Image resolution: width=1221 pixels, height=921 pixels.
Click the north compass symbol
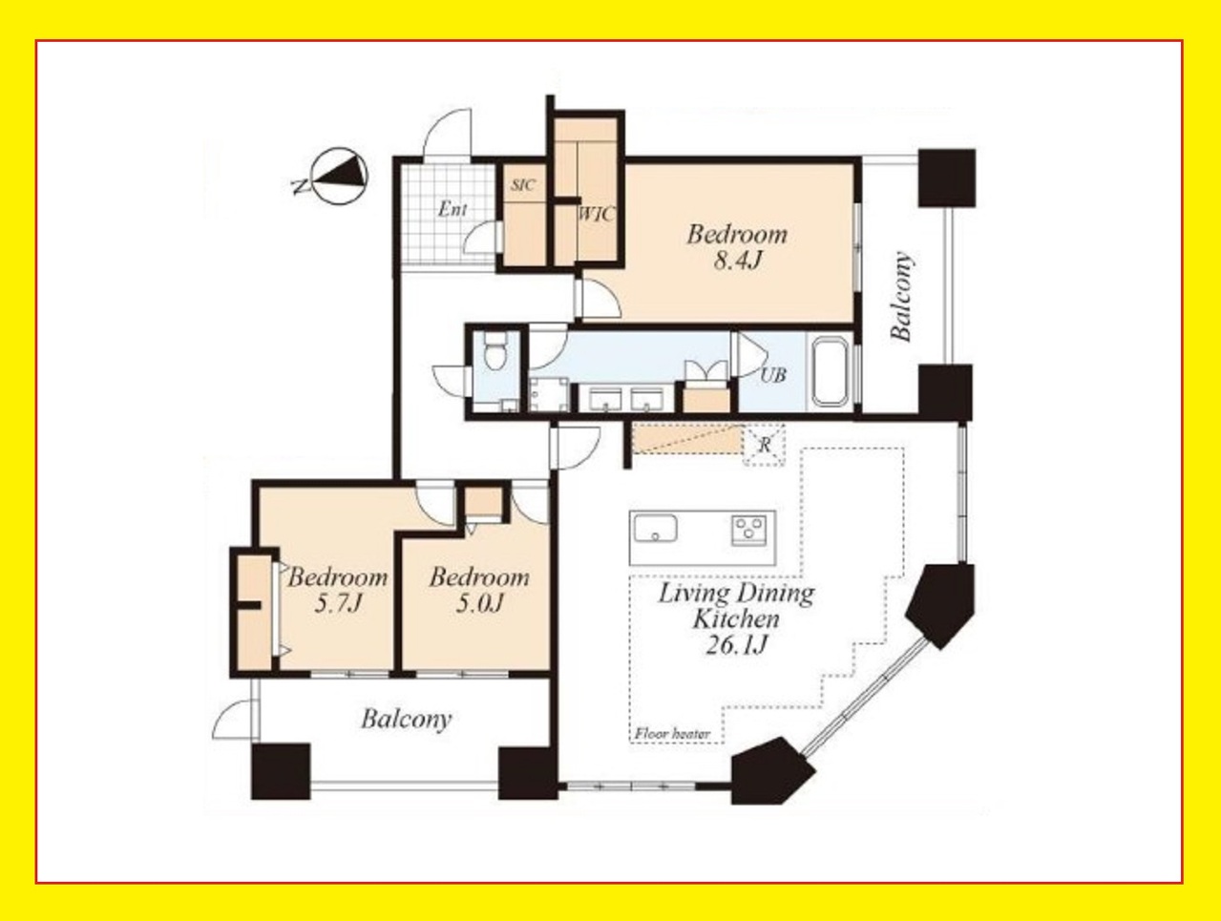pyautogui.click(x=339, y=177)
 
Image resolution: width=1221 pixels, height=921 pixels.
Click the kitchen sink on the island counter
pyautogui.click(x=655, y=527)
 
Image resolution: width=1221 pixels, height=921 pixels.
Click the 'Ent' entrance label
pyautogui.click(x=453, y=210)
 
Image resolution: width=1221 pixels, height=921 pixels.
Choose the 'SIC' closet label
pyautogui.click(x=523, y=184)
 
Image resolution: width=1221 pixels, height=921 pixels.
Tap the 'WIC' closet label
pyautogui.click(x=597, y=214)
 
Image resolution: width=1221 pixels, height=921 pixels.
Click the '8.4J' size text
pyautogui.click(x=736, y=261)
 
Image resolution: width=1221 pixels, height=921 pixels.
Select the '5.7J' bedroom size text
pyautogui.click(x=338, y=604)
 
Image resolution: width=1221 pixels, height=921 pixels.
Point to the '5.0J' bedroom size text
pyautogui.click(x=479, y=604)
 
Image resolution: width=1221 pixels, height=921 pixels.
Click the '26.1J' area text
pyautogui.click(x=736, y=645)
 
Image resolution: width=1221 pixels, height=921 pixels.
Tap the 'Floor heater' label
pyautogui.click(x=672, y=734)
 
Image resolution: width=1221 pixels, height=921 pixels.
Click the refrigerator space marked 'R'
pyautogui.click(x=765, y=445)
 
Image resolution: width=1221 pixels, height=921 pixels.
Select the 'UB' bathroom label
pyautogui.click(x=773, y=376)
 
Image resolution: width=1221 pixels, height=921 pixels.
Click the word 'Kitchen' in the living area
pyautogui.click(x=735, y=619)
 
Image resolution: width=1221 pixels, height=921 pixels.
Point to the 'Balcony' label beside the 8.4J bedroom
pyautogui.click(x=902, y=296)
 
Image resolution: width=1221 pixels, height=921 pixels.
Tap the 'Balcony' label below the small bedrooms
pyautogui.click(x=406, y=720)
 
